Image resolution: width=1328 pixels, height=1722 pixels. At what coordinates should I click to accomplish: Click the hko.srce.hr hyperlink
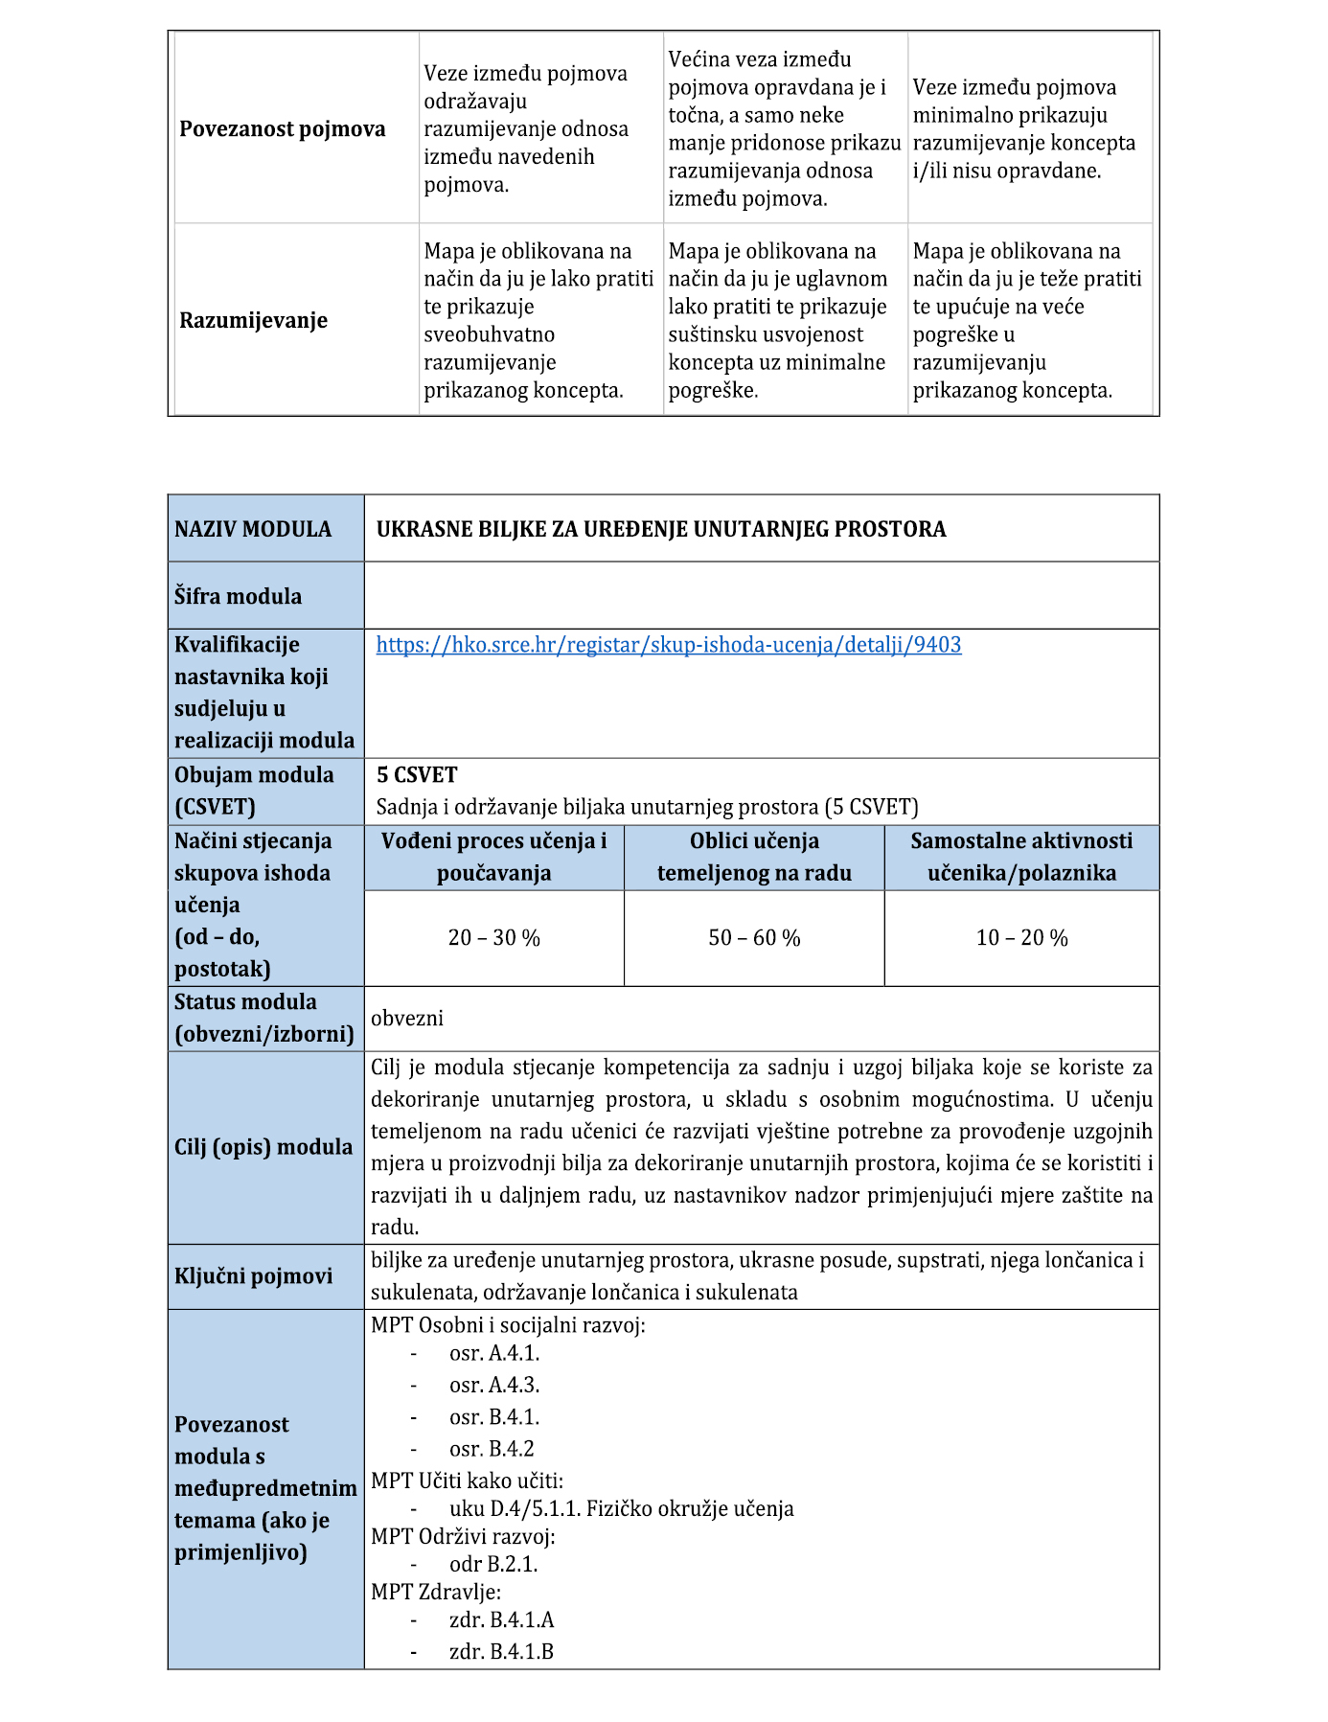[x=668, y=645]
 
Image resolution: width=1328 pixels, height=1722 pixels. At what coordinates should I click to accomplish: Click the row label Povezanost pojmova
[x=282, y=129]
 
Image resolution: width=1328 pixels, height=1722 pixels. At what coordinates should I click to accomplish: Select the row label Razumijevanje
[x=253, y=320]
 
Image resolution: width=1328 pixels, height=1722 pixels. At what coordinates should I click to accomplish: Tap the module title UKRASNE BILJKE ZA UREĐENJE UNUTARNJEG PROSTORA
[x=660, y=529]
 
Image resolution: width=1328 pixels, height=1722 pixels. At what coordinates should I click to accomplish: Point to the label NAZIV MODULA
[x=253, y=529]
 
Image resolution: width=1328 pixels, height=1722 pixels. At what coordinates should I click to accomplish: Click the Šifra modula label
[x=238, y=596]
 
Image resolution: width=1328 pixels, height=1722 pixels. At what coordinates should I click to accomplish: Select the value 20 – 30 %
[x=493, y=938]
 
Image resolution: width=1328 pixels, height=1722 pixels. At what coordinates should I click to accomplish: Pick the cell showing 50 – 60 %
[x=754, y=938]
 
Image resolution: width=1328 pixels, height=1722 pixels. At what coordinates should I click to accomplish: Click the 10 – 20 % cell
[x=1021, y=938]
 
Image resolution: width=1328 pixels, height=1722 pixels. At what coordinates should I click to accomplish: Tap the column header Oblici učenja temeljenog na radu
[x=754, y=857]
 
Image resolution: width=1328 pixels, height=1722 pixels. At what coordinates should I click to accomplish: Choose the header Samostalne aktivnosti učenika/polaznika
[x=1021, y=857]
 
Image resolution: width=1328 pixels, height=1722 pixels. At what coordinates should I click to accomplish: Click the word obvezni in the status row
[x=407, y=1019]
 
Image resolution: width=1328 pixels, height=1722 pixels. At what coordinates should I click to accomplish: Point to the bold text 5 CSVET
[x=417, y=775]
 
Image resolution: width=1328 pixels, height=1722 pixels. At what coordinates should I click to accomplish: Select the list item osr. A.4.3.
[x=494, y=1385]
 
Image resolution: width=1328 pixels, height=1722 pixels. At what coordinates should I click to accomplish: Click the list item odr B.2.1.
[x=493, y=1564]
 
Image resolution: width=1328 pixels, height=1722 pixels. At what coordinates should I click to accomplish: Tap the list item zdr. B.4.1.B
[x=501, y=1651]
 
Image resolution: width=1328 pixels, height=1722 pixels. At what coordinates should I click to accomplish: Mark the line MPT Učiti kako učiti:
[x=467, y=1481]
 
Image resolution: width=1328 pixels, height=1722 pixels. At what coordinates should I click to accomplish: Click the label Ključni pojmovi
[x=253, y=1276]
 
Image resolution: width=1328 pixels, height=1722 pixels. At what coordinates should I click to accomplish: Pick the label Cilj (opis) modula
[x=263, y=1147]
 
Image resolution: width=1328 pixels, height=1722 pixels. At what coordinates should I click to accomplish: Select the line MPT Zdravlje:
[x=435, y=1592]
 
